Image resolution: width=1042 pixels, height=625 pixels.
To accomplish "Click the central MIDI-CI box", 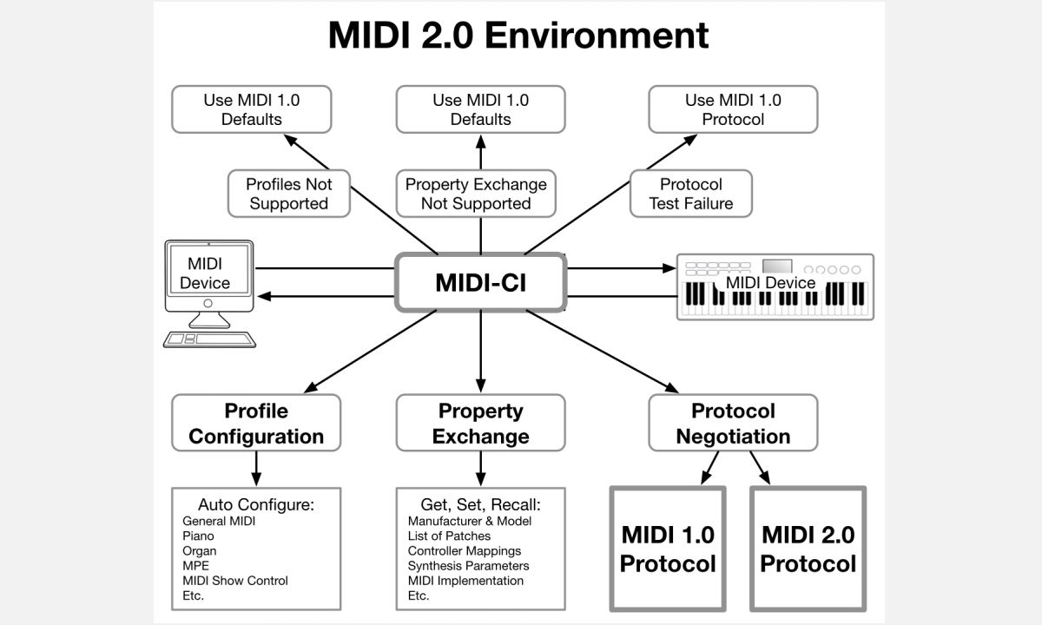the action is tap(480, 282).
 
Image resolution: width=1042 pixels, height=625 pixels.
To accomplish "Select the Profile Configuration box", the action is tap(256, 423).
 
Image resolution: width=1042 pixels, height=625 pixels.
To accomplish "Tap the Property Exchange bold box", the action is tap(480, 423).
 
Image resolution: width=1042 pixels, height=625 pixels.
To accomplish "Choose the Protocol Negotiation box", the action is tap(733, 423).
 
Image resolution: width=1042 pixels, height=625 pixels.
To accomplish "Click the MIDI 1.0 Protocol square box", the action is tap(668, 549).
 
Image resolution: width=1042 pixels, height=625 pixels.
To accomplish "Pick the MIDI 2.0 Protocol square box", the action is tap(808, 549).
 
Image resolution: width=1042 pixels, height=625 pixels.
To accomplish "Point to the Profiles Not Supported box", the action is tap(289, 194).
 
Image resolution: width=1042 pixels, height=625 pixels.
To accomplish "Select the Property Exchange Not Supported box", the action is tap(476, 194).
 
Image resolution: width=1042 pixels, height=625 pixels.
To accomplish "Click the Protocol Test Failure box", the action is tap(691, 194).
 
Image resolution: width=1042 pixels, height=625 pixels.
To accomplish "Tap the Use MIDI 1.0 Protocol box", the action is tap(733, 109).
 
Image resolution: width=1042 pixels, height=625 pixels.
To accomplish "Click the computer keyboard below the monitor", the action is tap(209, 339).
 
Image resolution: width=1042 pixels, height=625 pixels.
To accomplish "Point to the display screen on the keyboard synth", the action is tap(777, 266).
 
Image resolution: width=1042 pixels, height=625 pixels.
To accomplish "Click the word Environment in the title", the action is tap(597, 35).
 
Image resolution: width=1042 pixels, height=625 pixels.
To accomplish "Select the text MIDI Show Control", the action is tap(235, 581).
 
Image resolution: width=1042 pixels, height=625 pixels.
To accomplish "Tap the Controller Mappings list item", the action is tap(465, 550).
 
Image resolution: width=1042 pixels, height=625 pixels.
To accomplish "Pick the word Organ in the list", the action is tap(199, 551).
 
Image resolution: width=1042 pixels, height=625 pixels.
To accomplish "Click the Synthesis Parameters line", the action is tap(468, 565).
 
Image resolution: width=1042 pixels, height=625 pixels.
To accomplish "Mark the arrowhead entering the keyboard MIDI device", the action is tap(669, 268).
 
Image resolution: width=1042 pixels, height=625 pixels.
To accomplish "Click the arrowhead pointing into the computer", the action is tap(264, 296).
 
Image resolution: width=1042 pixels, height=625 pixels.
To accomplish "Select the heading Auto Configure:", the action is tap(256, 504).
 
